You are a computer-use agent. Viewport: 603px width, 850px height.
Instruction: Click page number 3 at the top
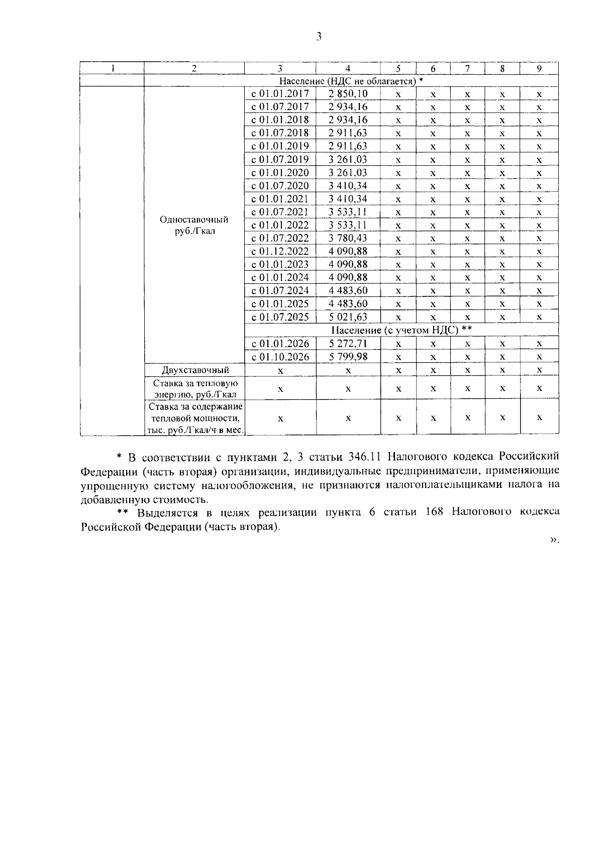click(319, 37)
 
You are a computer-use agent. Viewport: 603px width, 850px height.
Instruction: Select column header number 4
click(348, 69)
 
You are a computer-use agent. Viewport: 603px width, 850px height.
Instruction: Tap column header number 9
click(539, 69)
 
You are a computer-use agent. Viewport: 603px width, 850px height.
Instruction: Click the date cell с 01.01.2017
click(280, 94)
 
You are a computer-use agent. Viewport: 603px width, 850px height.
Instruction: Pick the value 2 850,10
click(348, 94)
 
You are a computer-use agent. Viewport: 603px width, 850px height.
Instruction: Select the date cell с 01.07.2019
click(280, 160)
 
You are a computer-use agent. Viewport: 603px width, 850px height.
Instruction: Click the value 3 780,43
click(348, 238)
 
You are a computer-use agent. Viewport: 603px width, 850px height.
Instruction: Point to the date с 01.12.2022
click(280, 251)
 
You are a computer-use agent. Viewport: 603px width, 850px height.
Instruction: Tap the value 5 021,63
click(348, 317)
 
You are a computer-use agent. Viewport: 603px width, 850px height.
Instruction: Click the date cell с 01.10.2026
click(280, 357)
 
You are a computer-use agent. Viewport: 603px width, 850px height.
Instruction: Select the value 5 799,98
click(348, 357)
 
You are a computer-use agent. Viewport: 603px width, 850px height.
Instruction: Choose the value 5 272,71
click(348, 344)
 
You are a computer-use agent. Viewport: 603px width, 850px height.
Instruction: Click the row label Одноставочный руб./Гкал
click(193, 226)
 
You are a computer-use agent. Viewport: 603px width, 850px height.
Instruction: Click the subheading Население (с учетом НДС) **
click(401, 330)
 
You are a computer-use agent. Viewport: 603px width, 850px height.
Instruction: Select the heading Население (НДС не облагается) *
click(351, 81)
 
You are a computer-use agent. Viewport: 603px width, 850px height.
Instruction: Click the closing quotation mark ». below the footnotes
click(554, 540)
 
